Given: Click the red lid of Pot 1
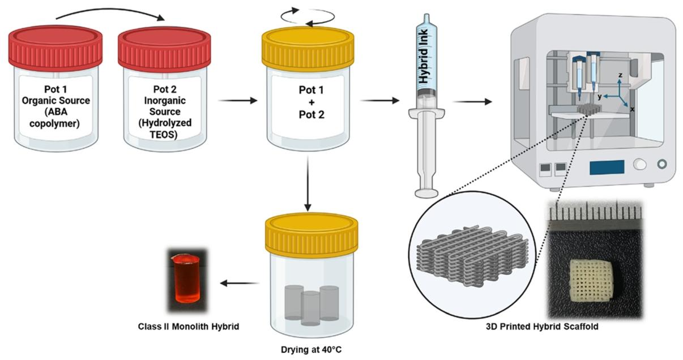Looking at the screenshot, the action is pyautogui.click(x=55, y=47).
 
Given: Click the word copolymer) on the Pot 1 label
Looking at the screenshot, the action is pyautogui.click(x=54, y=124).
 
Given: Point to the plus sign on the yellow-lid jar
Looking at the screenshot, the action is pyautogui.click(x=311, y=102).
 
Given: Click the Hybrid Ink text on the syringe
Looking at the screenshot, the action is pyautogui.click(x=424, y=57).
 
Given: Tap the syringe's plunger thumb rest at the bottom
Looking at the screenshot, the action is pyautogui.click(x=426, y=193).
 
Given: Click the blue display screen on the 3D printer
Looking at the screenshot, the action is pyautogui.click(x=607, y=168).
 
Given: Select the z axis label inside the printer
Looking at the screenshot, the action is pyautogui.click(x=620, y=75).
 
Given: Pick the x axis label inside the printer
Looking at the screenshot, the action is pyautogui.click(x=632, y=109).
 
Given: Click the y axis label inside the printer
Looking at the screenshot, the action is pyautogui.click(x=600, y=97).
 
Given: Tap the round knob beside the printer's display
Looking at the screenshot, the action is pyautogui.click(x=640, y=164).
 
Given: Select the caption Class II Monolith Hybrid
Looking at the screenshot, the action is pyautogui.click(x=189, y=327).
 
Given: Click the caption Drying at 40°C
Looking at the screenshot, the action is pyautogui.click(x=311, y=350).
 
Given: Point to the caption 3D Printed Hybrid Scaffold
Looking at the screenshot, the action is pyautogui.click(x=542, y=327).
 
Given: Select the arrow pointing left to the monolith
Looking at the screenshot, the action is pyautogui.click(x=240, y=283).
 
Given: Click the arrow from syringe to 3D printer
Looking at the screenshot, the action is pyautogui.click(x=472, y=101).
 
